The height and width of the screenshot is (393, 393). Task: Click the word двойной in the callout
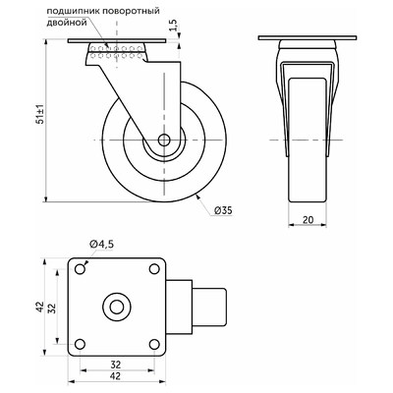click(67, 23)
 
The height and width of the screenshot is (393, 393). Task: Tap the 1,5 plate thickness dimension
click(174, 26)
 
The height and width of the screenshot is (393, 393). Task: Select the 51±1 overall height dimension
click(39, 114)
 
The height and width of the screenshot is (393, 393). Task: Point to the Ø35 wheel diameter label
click(223, 210)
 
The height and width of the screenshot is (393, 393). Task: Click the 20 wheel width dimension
click(308, 220)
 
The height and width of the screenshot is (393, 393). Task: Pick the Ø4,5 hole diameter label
click(101, 244)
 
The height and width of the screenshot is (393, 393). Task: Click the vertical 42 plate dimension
click(39, 307)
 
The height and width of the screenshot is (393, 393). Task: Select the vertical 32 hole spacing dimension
click(52, 307)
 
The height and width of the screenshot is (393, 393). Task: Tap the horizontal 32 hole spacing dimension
click(116, 365)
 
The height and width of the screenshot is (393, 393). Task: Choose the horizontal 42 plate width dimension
click(116, 376)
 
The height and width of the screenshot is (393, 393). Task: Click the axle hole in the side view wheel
click(164, 140)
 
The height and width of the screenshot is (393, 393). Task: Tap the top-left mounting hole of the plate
click(80, 269)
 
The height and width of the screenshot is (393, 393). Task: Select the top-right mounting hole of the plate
click(154, 269)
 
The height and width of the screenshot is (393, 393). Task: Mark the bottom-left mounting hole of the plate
click(80, 345)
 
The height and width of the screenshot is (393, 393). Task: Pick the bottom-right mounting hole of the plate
click(154, 345)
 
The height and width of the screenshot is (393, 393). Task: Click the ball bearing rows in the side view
click(116, 52)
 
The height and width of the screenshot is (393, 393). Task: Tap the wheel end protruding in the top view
click(209, 307)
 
